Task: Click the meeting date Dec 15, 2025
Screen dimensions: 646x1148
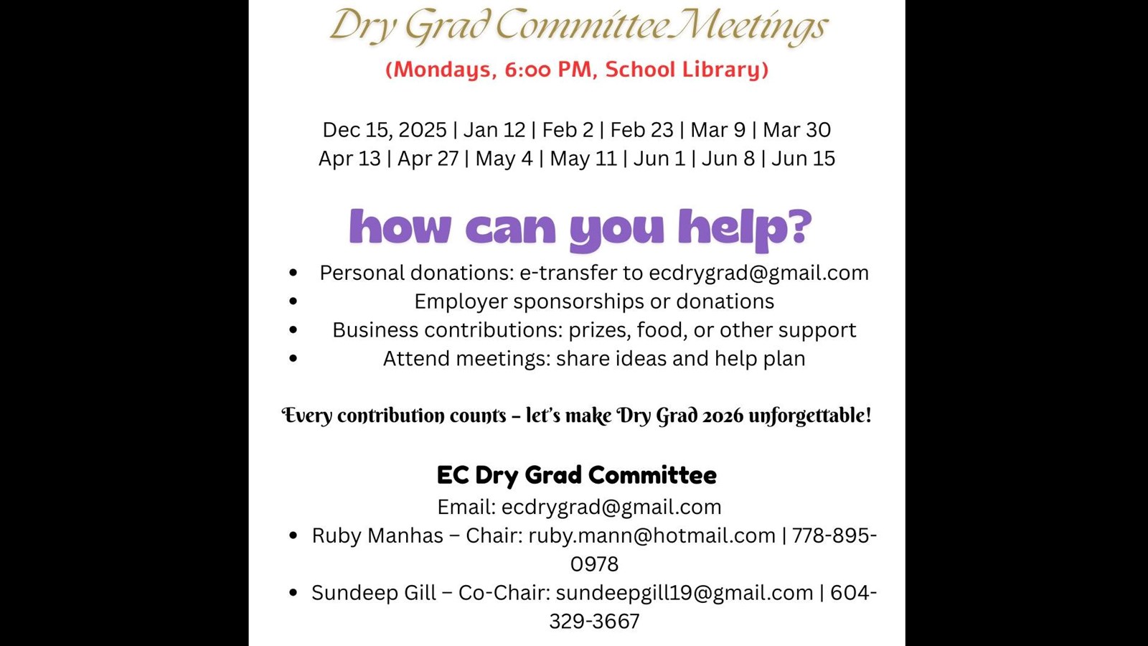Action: pos(384,130)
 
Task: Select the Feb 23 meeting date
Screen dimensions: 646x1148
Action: pos(641,130)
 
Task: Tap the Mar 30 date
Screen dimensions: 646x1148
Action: pos(796,130)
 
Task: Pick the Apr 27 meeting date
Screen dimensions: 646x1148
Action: pos(428,159)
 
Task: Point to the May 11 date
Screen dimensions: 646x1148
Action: pos(583,159)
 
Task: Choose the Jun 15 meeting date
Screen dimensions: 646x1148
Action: pos(803,159)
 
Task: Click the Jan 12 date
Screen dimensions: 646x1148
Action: pos(494,130)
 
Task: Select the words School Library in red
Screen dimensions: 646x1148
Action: pos(687,70)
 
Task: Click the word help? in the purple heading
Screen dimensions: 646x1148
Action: pos(744,228)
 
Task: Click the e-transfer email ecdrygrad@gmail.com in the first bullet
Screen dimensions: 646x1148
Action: pos(758,273)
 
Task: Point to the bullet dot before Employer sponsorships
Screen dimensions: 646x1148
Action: pos(293,301)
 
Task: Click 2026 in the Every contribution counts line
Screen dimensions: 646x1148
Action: pos(723,416)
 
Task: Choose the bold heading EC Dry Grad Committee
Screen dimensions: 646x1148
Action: pos(576,475)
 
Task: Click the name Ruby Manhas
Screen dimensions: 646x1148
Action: pos(377,535)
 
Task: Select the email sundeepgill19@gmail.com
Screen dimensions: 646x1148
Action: pos(684,593)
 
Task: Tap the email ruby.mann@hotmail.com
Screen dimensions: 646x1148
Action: pos(651,535)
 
